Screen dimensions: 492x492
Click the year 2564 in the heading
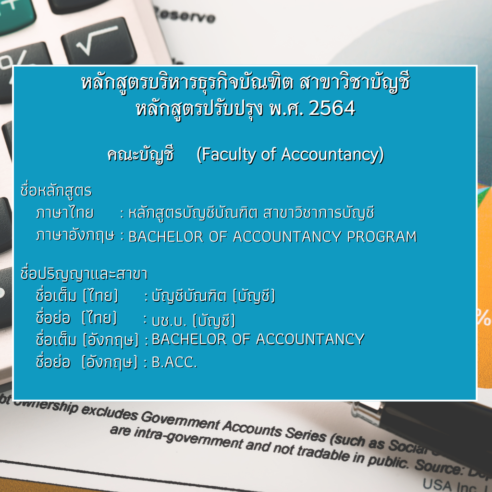pos(332,109)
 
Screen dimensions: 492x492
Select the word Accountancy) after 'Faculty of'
pos(332,155)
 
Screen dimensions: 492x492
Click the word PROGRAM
pos(382,237)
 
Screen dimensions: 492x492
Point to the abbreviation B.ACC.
pos(174,362)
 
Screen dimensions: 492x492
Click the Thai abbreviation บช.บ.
pos(169,320)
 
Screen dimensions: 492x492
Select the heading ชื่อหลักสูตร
pos(56,190)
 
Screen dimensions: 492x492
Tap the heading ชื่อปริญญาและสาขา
pos(84,273)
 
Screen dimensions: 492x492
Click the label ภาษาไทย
pos(65,212)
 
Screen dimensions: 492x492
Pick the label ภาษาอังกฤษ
pos(75,235)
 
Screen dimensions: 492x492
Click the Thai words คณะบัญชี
pos(140,155)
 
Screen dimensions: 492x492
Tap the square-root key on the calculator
pos(99,41)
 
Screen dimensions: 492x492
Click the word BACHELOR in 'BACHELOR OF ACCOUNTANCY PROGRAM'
pos(166,237)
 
